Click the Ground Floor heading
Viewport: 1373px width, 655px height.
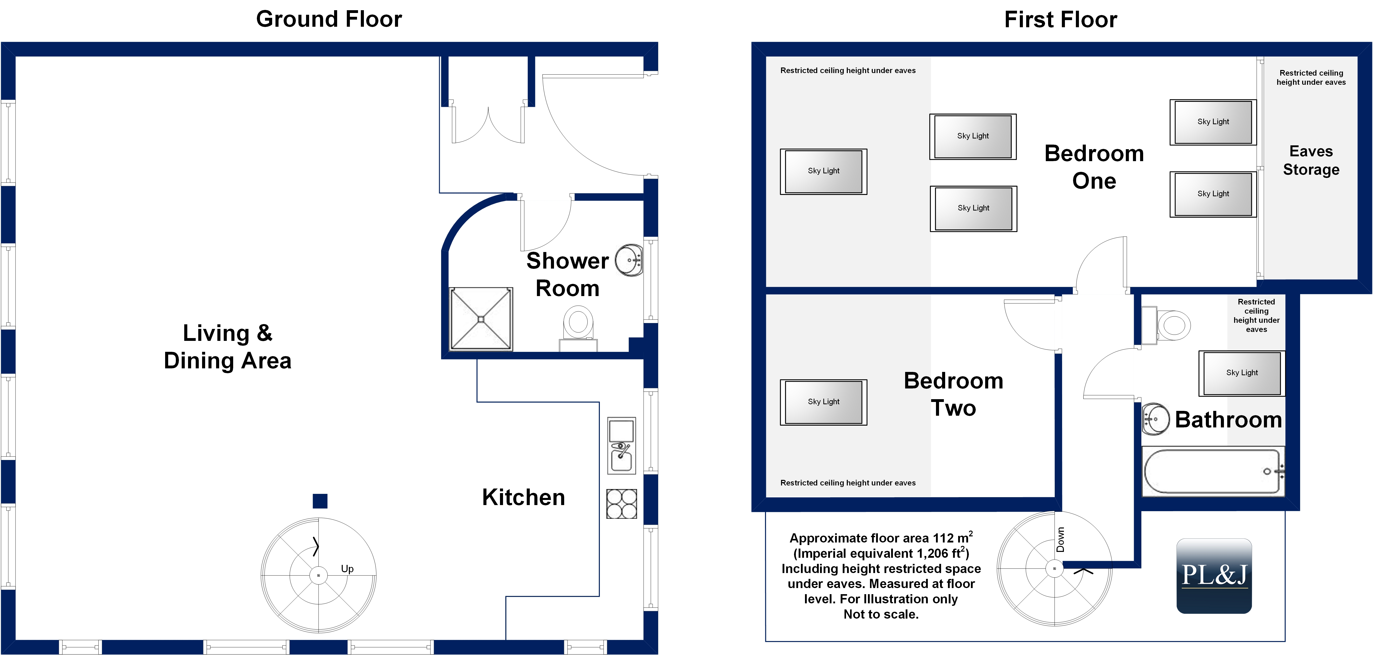329,19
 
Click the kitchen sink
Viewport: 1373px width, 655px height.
622,446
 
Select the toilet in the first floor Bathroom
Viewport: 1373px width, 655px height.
1166,325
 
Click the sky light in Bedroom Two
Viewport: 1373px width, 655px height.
824,402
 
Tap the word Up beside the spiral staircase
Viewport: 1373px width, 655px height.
347,569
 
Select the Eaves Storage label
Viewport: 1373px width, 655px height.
1311,160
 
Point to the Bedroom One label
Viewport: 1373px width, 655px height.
1094,167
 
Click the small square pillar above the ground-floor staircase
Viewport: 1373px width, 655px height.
320,501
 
